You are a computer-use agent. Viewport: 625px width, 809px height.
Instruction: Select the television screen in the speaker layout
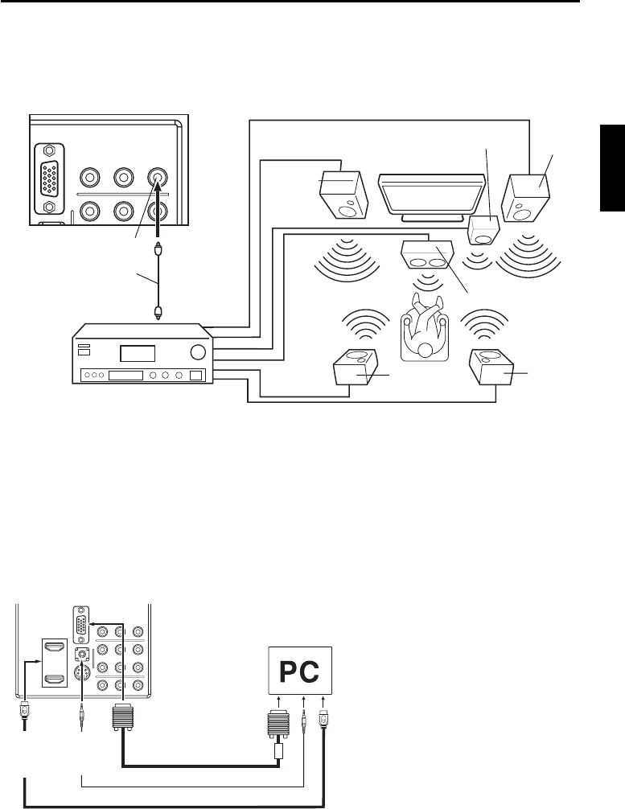(426, 194)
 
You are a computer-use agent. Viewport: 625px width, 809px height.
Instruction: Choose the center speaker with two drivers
(426, 256)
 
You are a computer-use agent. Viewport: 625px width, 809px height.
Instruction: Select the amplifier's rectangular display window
(137, 353)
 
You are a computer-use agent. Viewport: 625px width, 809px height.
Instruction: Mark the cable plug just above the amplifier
(158, 310)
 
